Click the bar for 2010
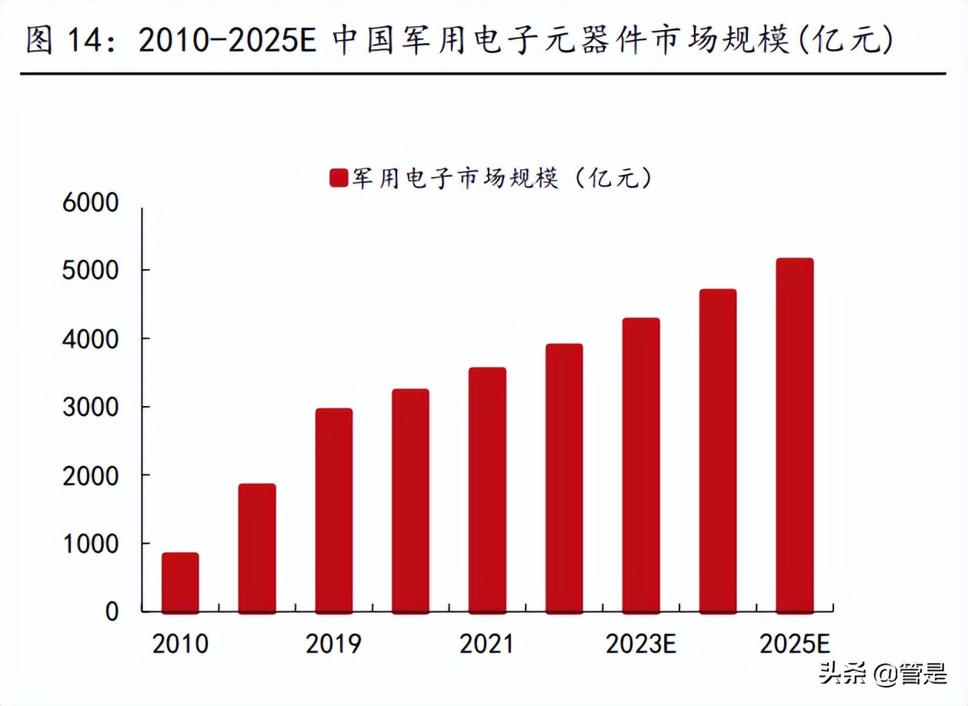(x=180, y=583)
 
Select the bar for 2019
(x=333, y=511)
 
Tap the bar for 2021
(x=487, y=491)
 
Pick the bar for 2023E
(x=641, y=465)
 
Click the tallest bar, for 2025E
(x=794, y=435)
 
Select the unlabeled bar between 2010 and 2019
(x=257, y=548)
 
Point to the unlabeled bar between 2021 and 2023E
(x=564, y=478)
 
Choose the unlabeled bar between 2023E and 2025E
(x=718, y=451)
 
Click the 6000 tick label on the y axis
(x=91, y=203)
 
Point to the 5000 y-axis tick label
(x=91, y=271)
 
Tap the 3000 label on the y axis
(x=91, y=407)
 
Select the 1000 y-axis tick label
(x=91, y=544)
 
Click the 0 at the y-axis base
(x=112, y=612)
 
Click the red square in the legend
(x=339, y=178)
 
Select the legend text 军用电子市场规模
(x=455, y=178)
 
